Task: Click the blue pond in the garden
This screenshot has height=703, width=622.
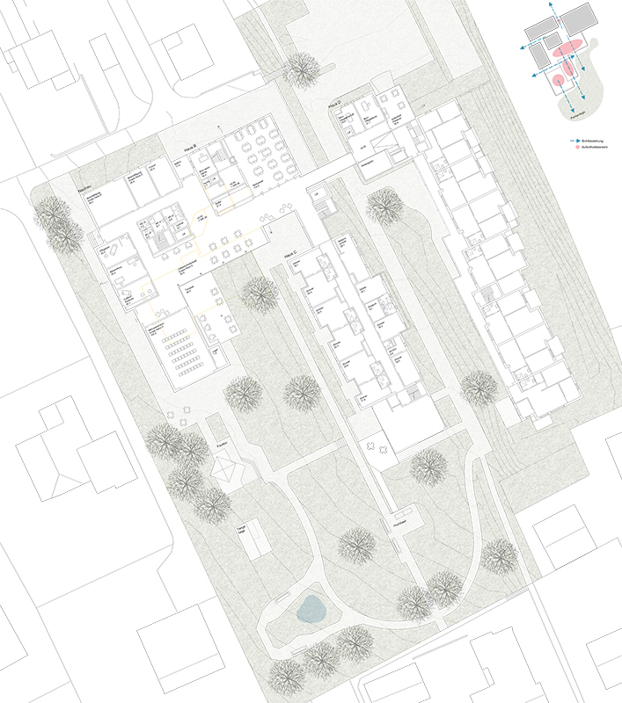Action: [310, 608]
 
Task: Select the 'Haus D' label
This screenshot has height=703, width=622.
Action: [334, 103]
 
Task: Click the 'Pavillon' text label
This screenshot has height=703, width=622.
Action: [222, 447]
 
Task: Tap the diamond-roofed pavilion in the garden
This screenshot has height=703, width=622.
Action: [228, 471]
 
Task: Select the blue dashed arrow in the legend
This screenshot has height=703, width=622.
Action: [570, 141]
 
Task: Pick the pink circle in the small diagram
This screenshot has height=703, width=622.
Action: [556, 82]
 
